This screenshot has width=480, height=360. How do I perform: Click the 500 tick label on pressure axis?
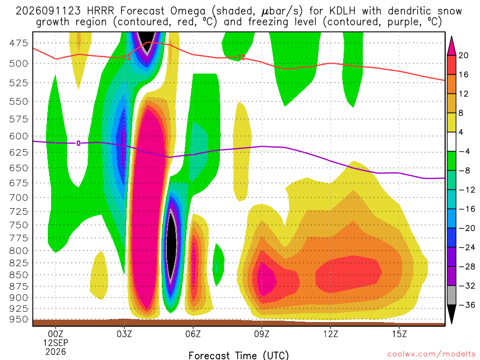[19, 63]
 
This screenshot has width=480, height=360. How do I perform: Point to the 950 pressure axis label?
[19, 319]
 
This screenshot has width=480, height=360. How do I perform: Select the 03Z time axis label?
[124, 334]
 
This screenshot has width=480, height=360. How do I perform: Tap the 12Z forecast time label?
[330, 334]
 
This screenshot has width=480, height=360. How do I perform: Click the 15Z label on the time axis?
[399, 334]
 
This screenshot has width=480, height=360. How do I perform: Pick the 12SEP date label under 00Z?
[56, 343]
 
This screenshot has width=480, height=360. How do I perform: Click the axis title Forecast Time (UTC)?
[239, 355]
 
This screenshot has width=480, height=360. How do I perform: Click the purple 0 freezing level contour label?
[78, 143]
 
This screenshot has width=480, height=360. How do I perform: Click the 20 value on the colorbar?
[464, 55]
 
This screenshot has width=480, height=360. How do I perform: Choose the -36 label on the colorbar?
[467, 305]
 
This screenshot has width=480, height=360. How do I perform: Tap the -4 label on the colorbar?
[465, 151]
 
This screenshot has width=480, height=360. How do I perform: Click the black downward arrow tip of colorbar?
[451, 324]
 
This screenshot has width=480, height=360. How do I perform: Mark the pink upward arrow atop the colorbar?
[451, 46]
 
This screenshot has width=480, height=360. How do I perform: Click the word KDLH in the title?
[343, 11]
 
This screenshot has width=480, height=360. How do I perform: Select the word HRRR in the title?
[101, 11]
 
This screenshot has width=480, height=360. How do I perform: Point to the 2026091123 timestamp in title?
[48, 11]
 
